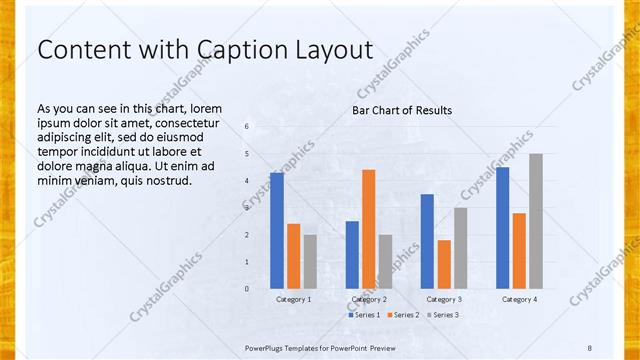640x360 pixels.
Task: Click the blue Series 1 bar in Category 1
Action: click(x=276, y=231)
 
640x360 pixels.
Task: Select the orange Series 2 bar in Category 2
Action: click(x=368, y=229)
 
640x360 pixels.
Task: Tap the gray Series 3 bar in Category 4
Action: click(x=536, y=221)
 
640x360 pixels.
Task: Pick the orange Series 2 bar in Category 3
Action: click(x=444, y=264)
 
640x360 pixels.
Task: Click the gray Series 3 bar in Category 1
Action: click(x=310, y=262)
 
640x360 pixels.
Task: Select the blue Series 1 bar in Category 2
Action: click(x=352, y=255)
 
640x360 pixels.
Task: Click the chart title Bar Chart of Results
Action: click(x=402, y=110)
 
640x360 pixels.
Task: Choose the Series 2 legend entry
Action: click(x=402, y=315)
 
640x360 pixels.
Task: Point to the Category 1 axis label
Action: click(x=293, y=299)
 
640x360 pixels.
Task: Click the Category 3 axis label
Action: click(x=444, y=299)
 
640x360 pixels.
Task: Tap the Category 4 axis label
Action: click(x=519, y=299)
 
